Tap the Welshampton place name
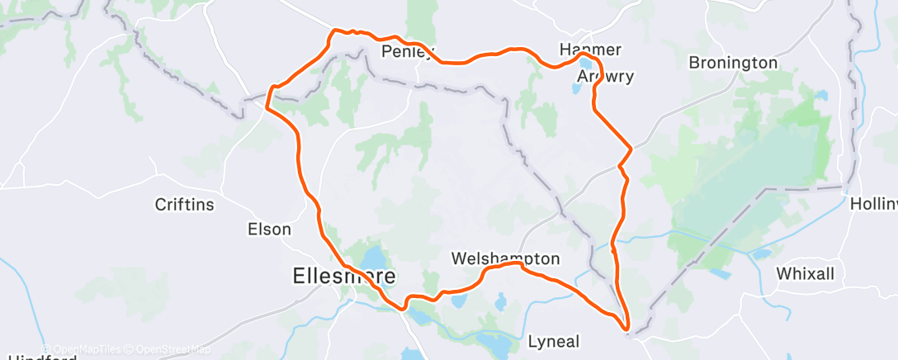click(x=505, y=258)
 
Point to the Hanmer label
click(x=589, y=50)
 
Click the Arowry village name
click(x=605, y=77)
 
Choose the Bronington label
click(x=732, y=63)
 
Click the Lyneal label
click(x=554, y=341)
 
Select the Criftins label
click(x=186, y=203)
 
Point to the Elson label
click(x=270, y=230)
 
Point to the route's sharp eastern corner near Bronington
click(x=631, y=149)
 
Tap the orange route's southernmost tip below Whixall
click(x=627, y=332)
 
